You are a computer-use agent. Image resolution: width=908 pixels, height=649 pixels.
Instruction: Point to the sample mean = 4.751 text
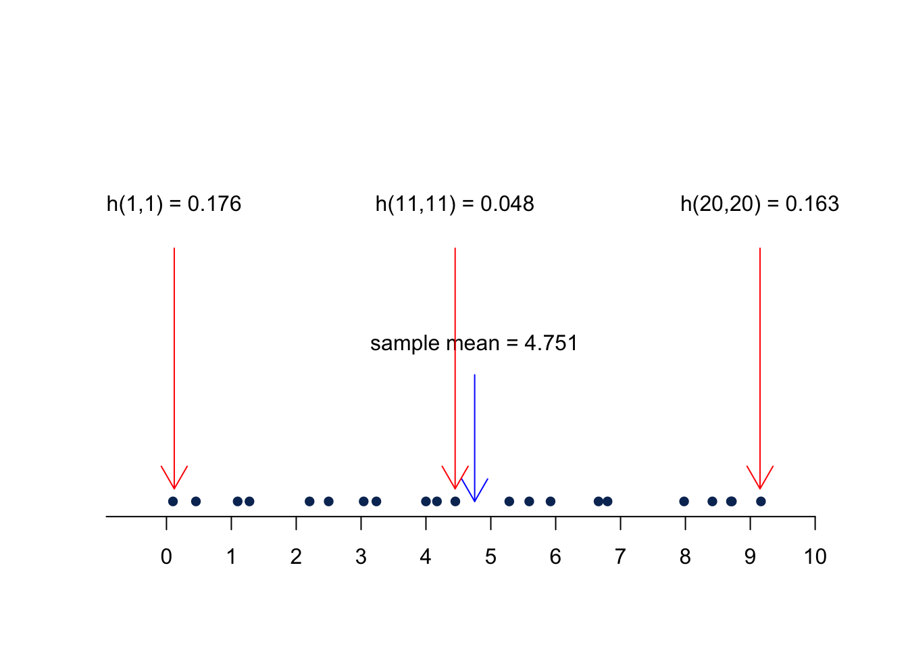point(474,343)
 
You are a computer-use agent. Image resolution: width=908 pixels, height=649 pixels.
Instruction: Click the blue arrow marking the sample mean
point(475,439)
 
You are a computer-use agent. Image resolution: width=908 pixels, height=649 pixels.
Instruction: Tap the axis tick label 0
point(166,557)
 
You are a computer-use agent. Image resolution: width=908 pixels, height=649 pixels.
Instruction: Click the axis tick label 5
point(490,557)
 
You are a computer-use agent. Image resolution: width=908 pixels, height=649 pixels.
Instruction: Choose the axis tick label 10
point(815,557)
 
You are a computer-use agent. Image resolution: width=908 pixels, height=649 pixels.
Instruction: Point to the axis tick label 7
point(620,557)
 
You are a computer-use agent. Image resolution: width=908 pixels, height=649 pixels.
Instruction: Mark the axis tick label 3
point(361,557)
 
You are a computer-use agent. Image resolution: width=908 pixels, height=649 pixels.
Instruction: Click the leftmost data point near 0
point(173,501)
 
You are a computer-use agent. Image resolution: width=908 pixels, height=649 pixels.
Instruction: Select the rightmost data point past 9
point(761,501)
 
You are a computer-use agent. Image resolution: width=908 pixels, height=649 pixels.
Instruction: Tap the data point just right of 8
point(684,501)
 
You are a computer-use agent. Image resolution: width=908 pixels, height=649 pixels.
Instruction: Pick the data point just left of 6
point(551,501)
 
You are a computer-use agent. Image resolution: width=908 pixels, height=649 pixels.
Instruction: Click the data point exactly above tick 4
point(426,501)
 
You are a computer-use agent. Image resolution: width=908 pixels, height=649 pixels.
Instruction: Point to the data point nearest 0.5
point(196,501)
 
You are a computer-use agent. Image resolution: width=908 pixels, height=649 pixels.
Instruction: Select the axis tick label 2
point(296,557)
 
